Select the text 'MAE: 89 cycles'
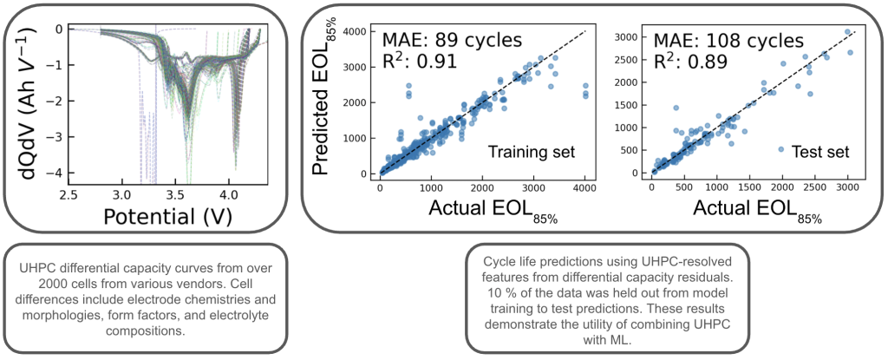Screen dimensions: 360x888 click(x=451, y=41)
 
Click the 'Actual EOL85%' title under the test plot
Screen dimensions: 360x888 click(x=754, y=211)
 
